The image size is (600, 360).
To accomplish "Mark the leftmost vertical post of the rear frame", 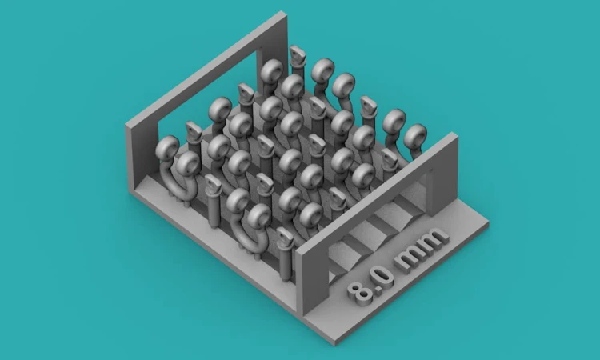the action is (x=142, y=153).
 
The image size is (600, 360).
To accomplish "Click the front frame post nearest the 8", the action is (x=312, y=281).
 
